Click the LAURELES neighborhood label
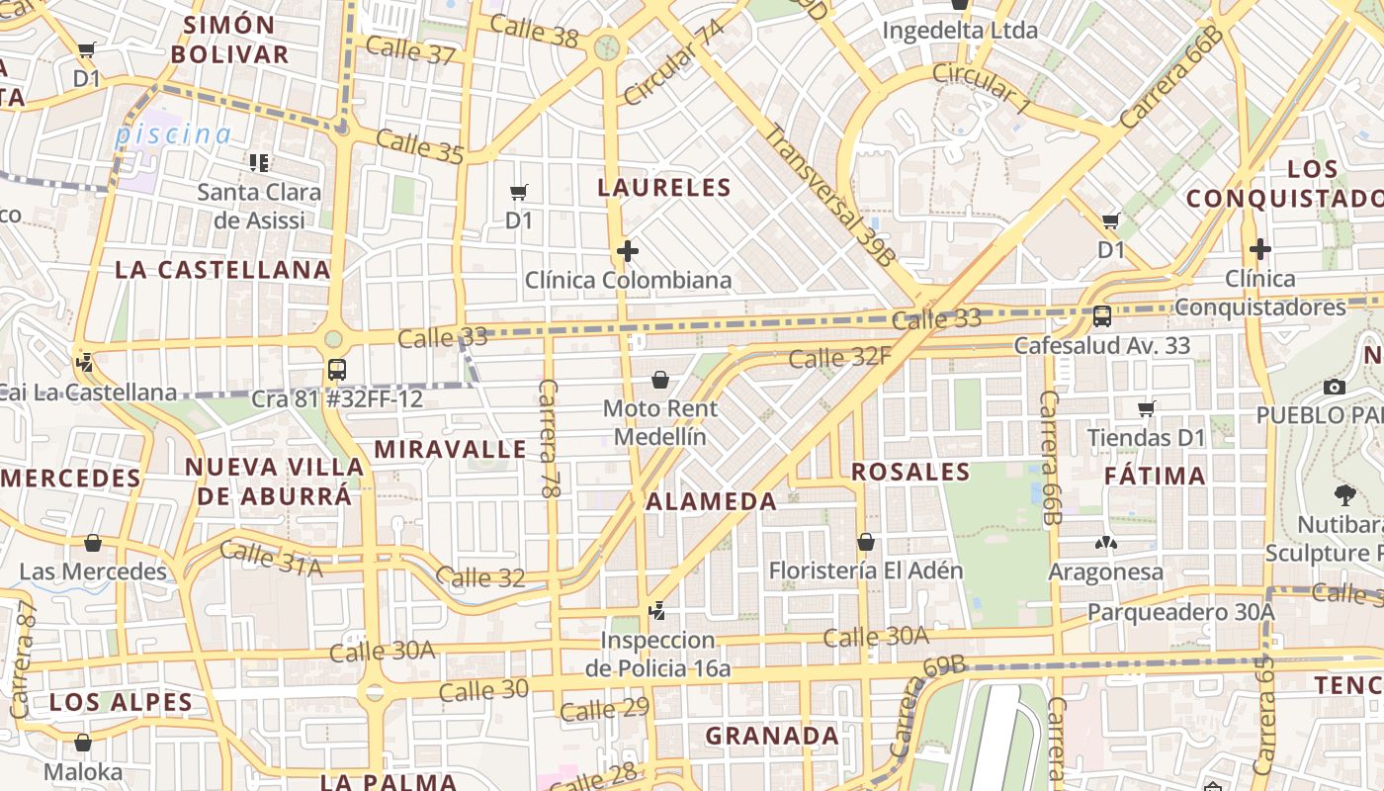[x=664, y=187]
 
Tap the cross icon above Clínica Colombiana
[x=627, y=251]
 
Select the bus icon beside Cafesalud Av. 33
[x=1101, y=316]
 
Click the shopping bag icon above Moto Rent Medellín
[x=659, y=380]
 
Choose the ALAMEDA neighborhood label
[x=711, y=501]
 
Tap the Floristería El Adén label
[x=851, y=571]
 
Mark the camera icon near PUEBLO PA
[x=1334, y=387]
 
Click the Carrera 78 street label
[x=550, y=437]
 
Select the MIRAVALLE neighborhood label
[x=450, y=450]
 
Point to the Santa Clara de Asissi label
[x=259, y=206]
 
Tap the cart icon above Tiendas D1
[x=1146, y=407]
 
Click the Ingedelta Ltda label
[x=959, y=31]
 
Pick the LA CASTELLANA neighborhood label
[x=222, y=270]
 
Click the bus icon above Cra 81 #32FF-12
[x=336, y=370]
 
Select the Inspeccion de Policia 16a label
[x=657, y=655]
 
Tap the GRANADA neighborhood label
[x=772, y=736]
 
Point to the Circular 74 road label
[x=674, y=62]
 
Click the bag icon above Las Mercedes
[x=92, y=543]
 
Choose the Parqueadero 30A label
[x=1180, y=613]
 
